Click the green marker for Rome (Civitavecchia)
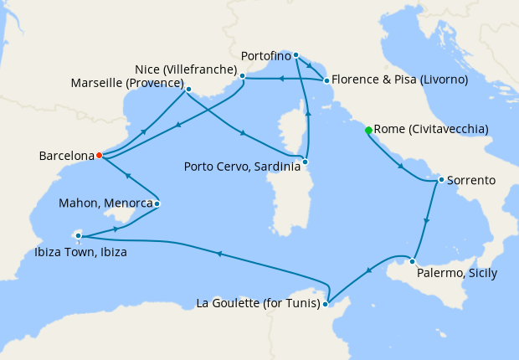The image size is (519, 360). (x=368, y=130)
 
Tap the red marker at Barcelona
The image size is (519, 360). (x=99, y=155)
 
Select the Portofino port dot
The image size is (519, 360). (x=296, y=55)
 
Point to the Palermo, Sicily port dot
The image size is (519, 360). (x=413, y=260)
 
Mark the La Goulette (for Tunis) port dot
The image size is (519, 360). (x=327, y=303)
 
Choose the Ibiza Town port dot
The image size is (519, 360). (x=78, y=235)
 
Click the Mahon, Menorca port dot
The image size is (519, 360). (x=157, y=203)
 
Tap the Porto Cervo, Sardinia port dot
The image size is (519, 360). (x=306, y=161)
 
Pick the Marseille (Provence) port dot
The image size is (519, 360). (x=188, y=89)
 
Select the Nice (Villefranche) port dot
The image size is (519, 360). (x=242, y=76)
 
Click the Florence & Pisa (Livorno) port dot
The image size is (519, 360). (x=326, y=80)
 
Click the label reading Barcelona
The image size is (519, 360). (x=66, y=156)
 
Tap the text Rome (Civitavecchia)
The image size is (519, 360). (x=431, y=130)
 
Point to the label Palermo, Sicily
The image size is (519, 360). (x=457, y=274)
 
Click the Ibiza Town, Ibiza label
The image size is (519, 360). (x=81, y=251)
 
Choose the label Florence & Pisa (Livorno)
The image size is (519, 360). (x=399, y=80)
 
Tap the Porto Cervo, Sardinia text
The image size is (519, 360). (x=241, y=167)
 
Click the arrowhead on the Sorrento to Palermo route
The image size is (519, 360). (x=428, y=221)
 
